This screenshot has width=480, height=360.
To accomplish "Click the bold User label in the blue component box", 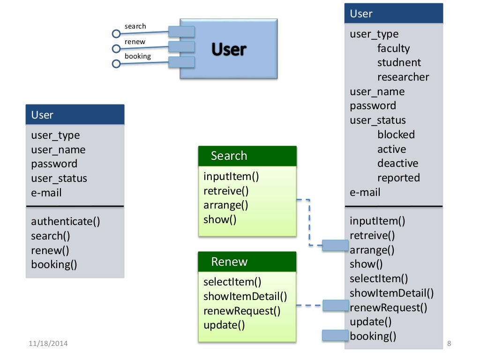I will [229, 49].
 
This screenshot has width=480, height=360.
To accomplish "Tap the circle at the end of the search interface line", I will [116, 34].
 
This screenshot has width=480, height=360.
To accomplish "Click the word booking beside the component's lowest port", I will [137, 56].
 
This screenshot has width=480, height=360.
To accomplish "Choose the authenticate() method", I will [66, 221].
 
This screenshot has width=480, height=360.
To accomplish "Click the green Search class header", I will [247, 156].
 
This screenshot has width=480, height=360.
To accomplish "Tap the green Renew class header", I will [247, 262].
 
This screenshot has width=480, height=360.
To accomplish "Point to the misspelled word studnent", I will [399, 63].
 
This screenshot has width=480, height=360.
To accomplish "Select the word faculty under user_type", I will [393, 48].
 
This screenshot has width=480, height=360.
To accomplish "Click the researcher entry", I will [403, 77].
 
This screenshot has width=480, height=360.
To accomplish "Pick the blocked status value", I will [396, 135].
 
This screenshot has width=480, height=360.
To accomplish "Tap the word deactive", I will [397, 164].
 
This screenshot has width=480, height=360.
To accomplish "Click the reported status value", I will [398, 178].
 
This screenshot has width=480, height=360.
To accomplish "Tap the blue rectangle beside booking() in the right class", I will [335, 335].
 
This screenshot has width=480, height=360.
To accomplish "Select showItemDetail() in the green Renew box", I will [245, 296].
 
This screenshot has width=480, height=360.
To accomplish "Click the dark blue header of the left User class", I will [75, 115].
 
